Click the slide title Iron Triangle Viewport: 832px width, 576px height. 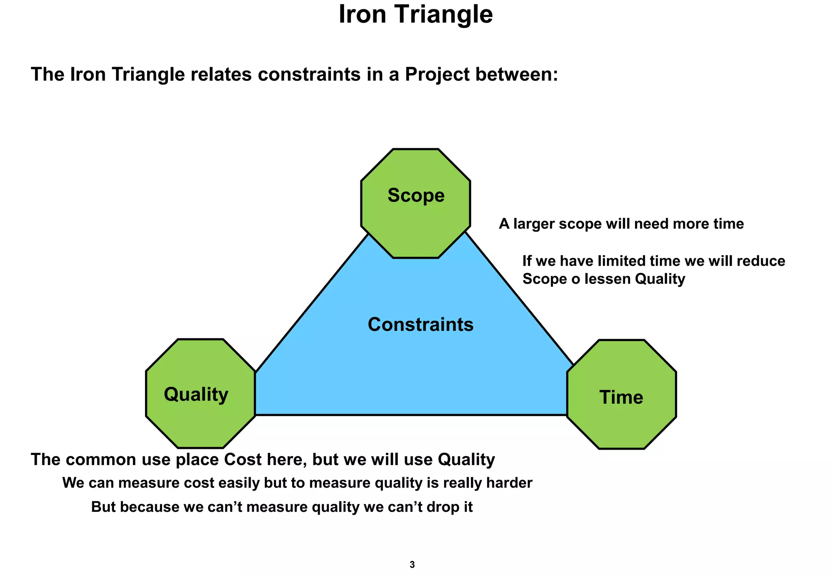point(416,15)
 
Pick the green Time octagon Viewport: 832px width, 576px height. point(622,394)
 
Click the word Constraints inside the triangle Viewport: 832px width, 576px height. point(420,325)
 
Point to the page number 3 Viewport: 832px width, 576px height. point(412,565)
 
